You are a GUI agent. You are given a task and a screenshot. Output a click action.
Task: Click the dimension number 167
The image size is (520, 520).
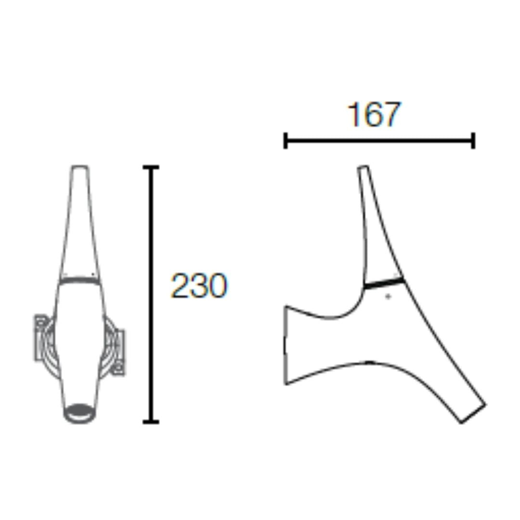(373, 115)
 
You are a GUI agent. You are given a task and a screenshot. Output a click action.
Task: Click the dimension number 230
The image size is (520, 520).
(198, 286)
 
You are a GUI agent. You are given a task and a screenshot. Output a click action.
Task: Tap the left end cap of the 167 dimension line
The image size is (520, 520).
(286, 141)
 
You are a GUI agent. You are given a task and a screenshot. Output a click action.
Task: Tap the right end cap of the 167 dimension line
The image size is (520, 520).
(474, 141)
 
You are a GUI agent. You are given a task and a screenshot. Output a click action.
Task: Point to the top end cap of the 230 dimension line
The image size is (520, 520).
(151, 167)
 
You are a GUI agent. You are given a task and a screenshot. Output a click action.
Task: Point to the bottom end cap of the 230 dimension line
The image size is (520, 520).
(151, 422)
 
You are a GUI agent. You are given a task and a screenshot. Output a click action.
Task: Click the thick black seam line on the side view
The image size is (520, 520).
(384, 283)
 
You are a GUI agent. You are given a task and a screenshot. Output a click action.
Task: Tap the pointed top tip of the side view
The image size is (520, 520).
(363, 169)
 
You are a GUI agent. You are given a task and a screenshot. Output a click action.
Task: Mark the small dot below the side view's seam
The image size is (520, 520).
(389, 297)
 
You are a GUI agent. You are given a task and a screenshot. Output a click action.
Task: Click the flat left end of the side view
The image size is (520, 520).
(286, 345)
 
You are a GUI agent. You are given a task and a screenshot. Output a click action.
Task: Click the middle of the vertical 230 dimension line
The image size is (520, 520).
(151, 295)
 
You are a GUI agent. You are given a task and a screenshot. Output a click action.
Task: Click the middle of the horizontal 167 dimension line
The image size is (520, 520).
(379, 141)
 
